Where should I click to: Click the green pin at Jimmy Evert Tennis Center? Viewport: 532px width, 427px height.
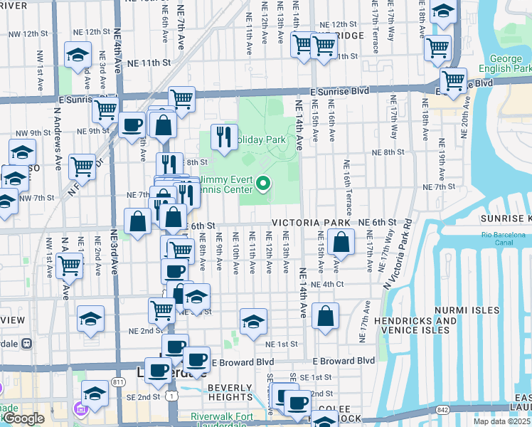263,184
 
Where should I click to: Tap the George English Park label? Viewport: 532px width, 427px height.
510,64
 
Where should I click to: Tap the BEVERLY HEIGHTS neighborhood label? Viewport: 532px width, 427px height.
230,393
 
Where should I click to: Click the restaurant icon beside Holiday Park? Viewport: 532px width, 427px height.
225,137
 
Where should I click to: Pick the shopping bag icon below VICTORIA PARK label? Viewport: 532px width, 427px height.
341,242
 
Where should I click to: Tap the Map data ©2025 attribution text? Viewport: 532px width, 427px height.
501,421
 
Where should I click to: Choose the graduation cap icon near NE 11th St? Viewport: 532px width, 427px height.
77,56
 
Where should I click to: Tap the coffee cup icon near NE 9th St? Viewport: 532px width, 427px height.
132,125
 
